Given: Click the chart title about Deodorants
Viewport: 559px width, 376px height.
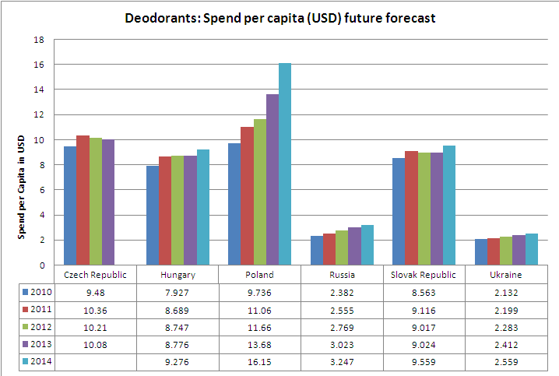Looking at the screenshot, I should [x=280, y=17].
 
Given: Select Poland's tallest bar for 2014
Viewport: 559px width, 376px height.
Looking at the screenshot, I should [x=285, y=163].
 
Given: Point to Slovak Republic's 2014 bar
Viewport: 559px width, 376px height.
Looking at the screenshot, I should [x=449, y=205].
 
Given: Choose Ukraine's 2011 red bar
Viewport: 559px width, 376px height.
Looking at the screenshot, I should [x=492, y=251].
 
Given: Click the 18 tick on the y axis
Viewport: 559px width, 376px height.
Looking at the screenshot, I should [x=39, y=40].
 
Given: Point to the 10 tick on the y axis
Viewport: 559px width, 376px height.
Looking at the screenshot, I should [x=39, y=140].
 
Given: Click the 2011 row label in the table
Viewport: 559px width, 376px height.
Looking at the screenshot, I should [x=41, y=311].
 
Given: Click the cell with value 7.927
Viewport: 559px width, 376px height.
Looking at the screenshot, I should [x=178, y=293].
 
